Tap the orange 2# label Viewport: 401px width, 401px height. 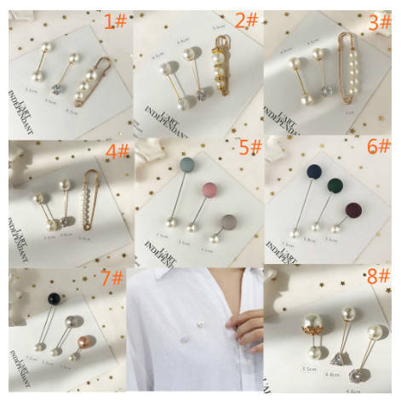247,20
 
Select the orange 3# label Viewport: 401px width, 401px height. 380,22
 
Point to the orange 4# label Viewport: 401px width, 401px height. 116,153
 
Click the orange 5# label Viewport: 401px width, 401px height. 250,148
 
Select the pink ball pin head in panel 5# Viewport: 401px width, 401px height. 208,188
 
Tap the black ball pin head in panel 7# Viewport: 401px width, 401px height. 54,299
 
